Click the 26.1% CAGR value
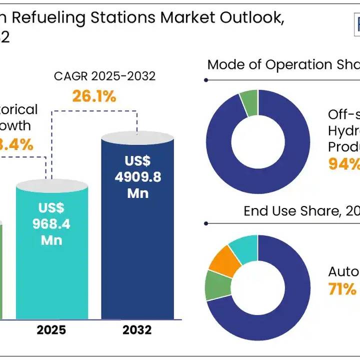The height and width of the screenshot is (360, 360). point(94,96)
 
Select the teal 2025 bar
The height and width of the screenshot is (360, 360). point(51,270)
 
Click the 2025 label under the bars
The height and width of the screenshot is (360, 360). point(51,330)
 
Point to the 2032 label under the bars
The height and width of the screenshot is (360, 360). point(137,330)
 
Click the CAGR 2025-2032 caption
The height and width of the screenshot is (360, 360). point(105,76)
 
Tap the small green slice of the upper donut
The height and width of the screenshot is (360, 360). point(248,103)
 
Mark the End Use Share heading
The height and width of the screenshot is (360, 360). point(295,211)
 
